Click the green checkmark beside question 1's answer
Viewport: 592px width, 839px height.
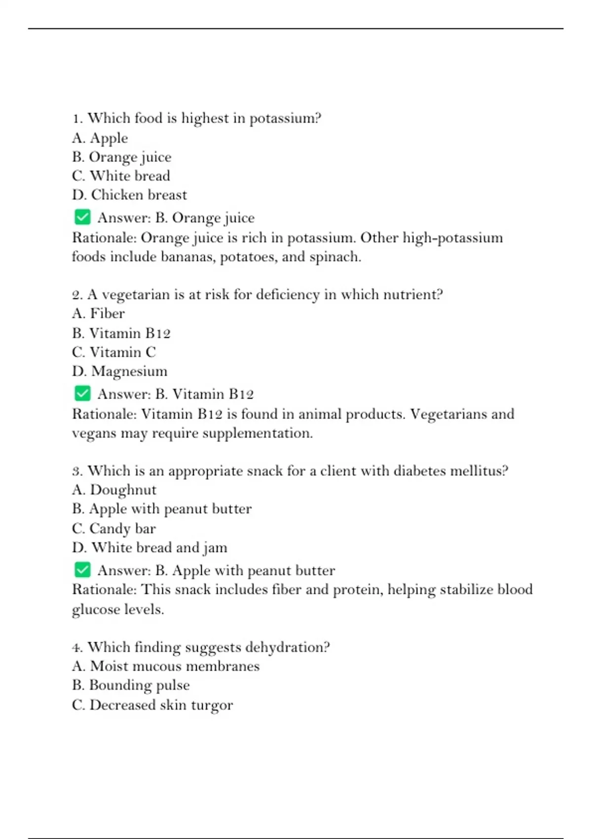tap(82, 217)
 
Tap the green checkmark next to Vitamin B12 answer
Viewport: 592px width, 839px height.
tap(82, 393)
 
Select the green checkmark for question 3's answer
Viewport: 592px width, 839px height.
tap(82, 570)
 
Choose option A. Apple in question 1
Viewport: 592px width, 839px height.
tap(100, 138)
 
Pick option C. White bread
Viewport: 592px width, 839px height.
tap(121, 176)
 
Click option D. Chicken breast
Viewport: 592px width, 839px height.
tap(129, 195)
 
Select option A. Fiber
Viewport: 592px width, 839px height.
tap(98, 313)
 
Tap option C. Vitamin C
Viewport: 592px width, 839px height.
tap(113, 352)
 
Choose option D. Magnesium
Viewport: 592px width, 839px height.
tap(119, 371)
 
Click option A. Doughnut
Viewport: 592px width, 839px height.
tap(114, 490)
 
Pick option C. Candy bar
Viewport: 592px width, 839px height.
tap(113, 529)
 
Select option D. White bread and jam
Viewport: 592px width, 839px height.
tap(149, 547)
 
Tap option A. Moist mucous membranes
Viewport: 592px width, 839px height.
tap(165, 666)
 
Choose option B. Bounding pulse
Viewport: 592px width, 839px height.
tap(131, 685)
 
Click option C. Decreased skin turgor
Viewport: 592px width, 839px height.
tap(152, 705)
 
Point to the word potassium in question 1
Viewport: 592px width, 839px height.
tap(285, 118)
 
